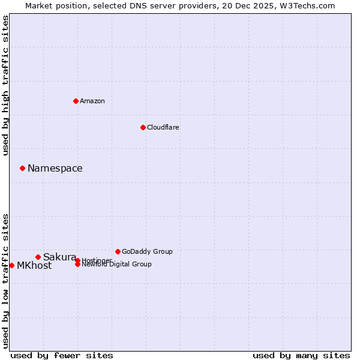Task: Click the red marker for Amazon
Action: pos(76,101)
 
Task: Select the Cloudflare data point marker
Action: pos(143,127)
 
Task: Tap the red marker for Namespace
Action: pos(22,168)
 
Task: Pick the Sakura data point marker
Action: pos(38,257)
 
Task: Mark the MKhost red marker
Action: pos(11,265)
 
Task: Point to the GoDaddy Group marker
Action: pos(118,251)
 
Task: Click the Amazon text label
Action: pos(92,101)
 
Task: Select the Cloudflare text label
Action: pos(163,127)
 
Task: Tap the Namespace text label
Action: pos(55,169)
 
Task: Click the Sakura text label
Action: pos(59,257)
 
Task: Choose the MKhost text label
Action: pos(34,266)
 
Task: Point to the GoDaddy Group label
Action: pos(147,251)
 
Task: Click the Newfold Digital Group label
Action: pos(116,265)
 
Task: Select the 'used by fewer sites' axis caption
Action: pos(62,355)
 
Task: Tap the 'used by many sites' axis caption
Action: pos(301,355)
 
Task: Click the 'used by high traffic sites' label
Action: pos(6,85)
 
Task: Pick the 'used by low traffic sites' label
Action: pos(6,280)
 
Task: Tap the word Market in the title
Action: pos(38,5)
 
